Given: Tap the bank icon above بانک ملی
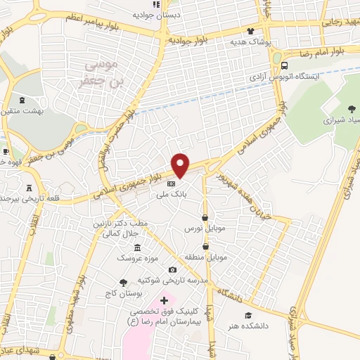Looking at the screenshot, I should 171,184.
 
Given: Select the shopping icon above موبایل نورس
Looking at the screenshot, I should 205,218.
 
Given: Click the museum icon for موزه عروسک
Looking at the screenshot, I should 137,247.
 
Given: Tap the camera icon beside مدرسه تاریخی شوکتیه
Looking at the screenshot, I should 172,270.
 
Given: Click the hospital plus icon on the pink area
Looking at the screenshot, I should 165,301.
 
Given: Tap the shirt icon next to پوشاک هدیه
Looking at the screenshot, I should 252,31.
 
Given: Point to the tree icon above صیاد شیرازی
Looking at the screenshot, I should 352,109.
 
